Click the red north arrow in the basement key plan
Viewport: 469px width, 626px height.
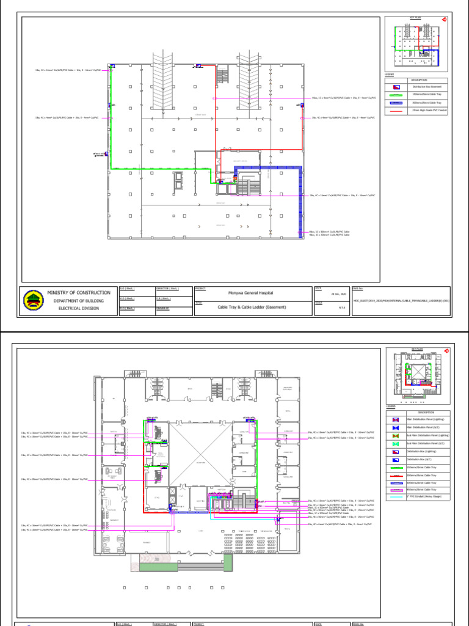tap(445, 20)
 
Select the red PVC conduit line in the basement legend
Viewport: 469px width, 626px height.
tap(396, 110)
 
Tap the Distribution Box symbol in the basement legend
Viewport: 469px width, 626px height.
tap(396, 87)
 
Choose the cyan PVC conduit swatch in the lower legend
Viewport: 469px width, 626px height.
tap(396, 497)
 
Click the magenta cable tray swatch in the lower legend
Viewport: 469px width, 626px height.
tap(396, 490)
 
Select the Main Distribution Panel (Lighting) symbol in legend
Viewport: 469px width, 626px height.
tap(396, 420)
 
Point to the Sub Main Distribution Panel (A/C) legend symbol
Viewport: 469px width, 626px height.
tap(396, 443)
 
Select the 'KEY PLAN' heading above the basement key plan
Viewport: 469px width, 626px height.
tap(416, 18)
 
